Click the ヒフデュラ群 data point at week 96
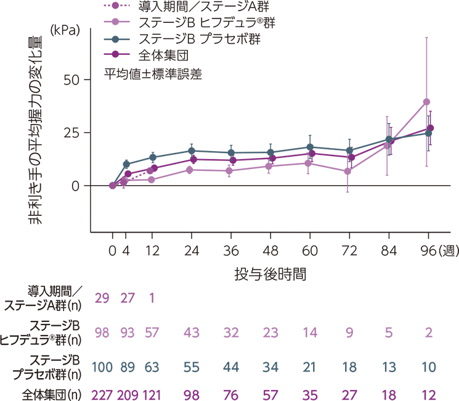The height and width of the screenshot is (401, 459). (x=426, y=102)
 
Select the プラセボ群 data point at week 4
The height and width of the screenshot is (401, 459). (x=126, y=164)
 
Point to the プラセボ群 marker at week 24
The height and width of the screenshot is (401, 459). (x=192, y=151)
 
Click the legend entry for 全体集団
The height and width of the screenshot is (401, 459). (x=166, y=54)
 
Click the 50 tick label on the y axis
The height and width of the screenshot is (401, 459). (x=76, y=80)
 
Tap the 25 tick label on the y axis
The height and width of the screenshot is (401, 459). (x=76, y=133)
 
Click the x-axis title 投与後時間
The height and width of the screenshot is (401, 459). (x=270, y=272)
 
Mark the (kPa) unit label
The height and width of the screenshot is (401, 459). (x=65, y=29)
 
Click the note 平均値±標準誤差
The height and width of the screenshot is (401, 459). (x=153, y=72)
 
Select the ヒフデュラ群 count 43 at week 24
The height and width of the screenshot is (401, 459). (x=192, y=334)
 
